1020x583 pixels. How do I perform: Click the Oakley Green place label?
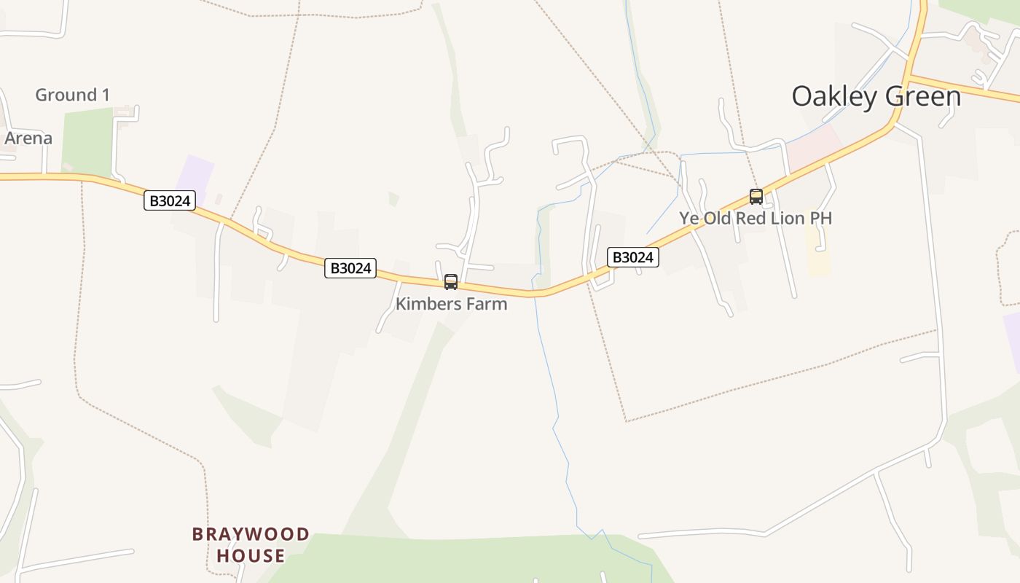tap(876, 96)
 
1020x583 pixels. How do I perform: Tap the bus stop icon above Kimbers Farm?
tap(451, 282)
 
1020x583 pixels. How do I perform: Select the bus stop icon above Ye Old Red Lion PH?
tap(756, 197)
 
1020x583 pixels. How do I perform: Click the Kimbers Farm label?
tap(451, 304)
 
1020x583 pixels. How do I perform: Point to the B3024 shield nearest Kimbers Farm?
tap(351, 268)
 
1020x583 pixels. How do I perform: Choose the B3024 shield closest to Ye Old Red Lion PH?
tap(633, 257)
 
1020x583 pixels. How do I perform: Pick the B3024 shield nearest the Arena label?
tap(170, 200)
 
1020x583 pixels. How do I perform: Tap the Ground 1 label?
tap(72, 95)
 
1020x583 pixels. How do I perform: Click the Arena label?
tap(28, 138)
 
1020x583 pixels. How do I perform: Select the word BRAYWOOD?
tap(251, 535)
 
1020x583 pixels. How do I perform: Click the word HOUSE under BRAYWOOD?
tap(251, 556)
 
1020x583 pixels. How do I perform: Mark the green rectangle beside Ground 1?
tap(87, 142)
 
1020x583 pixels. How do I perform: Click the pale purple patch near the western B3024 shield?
tap(195, 175)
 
